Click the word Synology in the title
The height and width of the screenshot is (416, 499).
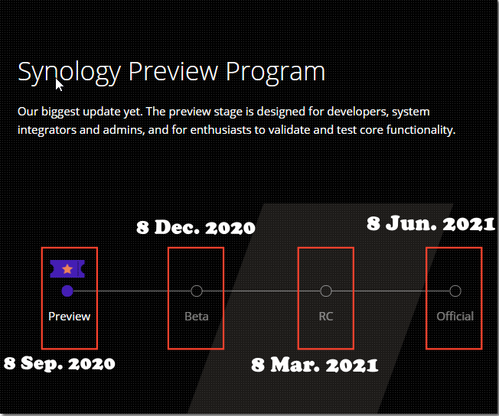pos(70,73)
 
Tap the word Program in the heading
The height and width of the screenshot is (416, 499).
pos(276,73)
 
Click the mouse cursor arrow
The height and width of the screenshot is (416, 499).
pos(59,85)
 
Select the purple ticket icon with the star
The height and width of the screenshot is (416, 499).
pos(67,268)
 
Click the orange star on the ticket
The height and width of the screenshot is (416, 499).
pos(67,269)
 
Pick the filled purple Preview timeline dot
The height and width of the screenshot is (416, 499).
pos(67,291)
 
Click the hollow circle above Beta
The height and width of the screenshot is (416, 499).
pos(197,291)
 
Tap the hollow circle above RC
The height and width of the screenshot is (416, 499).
pos(326,291)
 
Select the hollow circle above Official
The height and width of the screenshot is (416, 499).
pos(455,291)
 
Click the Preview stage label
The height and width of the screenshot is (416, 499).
pos(70,317)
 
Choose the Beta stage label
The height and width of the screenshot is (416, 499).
pos(197,317)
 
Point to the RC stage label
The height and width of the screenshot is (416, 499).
pos(326,317)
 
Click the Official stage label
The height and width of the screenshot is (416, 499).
pos(455,317)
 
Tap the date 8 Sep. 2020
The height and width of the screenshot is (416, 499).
pos(60,363)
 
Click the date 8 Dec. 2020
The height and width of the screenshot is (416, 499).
pos(196,228)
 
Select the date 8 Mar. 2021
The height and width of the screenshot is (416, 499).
pos(315,365)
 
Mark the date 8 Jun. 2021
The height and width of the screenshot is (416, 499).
pos(431,223)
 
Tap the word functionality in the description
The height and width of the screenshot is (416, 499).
pos(421,131)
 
